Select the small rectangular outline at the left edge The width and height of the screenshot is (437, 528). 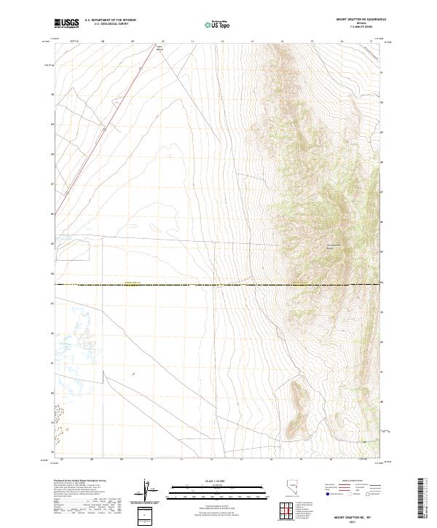click(x=73, y=250)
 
